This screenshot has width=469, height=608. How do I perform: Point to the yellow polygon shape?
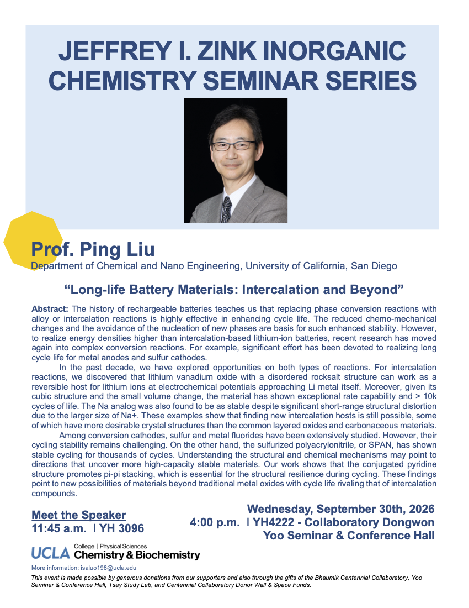click(33, 240)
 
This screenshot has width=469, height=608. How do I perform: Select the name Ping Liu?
click(117, 249)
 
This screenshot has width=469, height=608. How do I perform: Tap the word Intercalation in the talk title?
click(294, 290)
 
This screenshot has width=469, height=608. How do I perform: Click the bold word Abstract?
click(50, 309)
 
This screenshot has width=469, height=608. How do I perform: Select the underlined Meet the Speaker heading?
click(79, 515)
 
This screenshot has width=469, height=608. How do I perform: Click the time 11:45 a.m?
click(59, 528)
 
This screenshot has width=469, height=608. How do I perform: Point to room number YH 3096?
click(121, 528)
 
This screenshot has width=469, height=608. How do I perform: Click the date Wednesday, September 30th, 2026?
click(340, 509)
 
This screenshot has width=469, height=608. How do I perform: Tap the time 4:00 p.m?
click(215, 523)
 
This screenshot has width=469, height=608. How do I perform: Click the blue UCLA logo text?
click(51, 553)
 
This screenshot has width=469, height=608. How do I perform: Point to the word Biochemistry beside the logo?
click(168, 555)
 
